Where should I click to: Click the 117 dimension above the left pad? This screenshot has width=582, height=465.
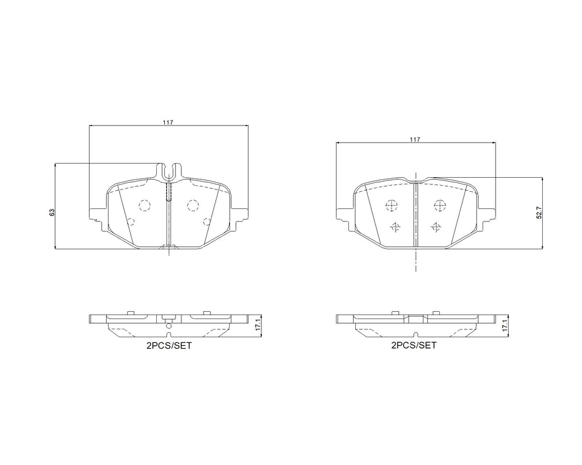[169, 123]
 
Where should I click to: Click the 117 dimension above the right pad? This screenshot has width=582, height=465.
[415, 140]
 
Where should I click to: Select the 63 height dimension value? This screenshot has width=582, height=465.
[52, 212]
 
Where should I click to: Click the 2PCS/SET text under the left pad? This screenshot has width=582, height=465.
[169, 345]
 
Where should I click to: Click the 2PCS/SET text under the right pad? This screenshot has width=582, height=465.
[414, 345]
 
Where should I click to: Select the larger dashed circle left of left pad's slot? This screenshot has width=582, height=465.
[144, 205]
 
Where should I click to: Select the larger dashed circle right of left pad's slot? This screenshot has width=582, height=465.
[193, 205]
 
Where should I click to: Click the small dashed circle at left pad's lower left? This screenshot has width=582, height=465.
[130, 222]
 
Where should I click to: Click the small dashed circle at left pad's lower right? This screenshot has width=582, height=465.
[206, 222]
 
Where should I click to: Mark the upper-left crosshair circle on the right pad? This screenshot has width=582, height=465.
[391, 205]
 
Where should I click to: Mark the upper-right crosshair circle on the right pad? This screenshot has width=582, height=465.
[439, 205]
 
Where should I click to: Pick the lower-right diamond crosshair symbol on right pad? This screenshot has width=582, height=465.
[436, 227]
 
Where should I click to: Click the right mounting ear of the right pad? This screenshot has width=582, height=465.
[488, 214]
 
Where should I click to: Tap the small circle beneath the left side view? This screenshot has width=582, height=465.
[168, 326]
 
